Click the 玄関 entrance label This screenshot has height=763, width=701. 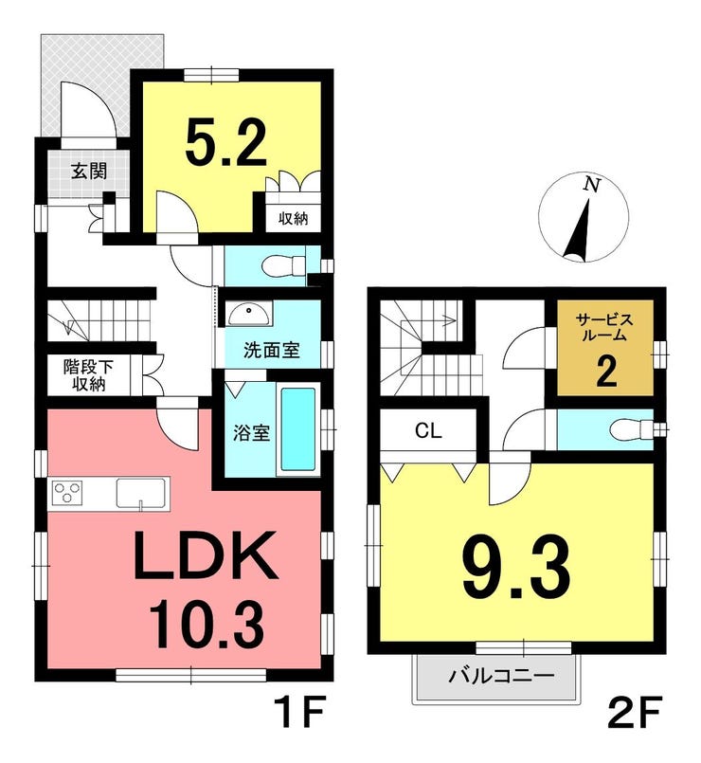(88, 172)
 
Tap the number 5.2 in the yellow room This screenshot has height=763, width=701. (226, 143)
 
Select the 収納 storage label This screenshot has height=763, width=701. (294, 219)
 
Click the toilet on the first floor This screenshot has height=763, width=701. (283, 266)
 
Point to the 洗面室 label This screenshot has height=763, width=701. (272, 351)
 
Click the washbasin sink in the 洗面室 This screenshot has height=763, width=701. (248, 314)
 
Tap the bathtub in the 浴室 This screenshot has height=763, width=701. (298, 428)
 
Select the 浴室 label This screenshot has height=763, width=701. (251, 432)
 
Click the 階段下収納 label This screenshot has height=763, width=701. (88, 375)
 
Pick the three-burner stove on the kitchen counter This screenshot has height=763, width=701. (67, 494)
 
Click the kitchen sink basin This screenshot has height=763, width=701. (141, 494)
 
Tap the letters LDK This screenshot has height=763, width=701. (206, 555)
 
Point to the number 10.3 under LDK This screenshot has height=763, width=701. (207, 626)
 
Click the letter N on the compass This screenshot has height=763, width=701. (591, 185)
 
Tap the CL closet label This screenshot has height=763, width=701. (428, 430)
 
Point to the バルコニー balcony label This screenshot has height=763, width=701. (501, 676)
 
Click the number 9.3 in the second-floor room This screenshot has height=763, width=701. (515, 570)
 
